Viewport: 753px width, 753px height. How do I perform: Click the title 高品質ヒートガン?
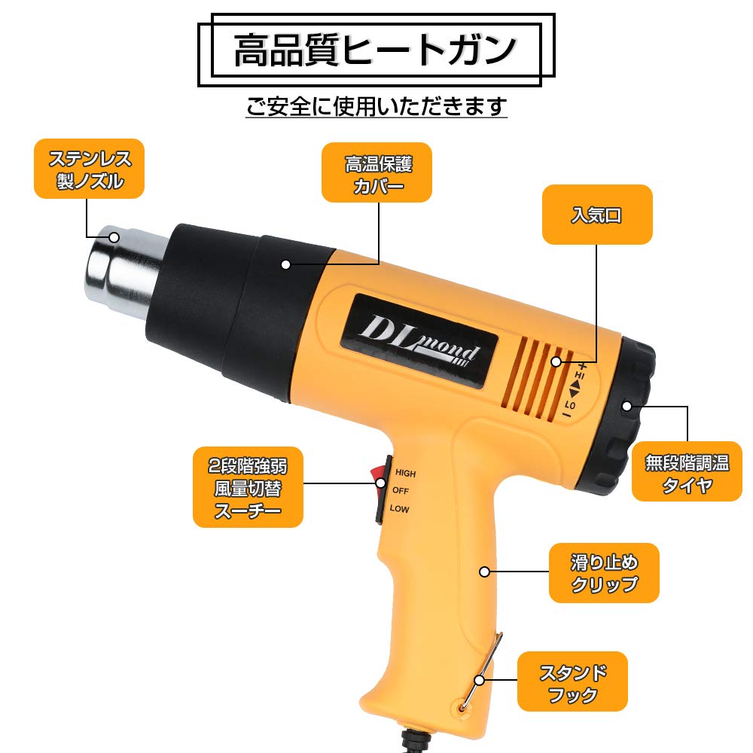(x=375, y=50)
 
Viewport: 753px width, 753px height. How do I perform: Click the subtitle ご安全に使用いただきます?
(x=376, y=105)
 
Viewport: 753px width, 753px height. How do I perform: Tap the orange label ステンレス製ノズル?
(x=89, y=169)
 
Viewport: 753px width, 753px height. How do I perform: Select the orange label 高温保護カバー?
(x=377, y=172)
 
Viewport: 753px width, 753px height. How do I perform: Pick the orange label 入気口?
(x=596, y=214)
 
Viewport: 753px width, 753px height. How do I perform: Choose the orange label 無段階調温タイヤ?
(x=687, y=472)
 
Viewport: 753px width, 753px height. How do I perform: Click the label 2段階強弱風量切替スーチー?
(x=248, y=488)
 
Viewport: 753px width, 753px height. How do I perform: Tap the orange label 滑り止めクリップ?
(x=604, y=572)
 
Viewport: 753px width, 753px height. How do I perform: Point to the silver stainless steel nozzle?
(x=124, y=267)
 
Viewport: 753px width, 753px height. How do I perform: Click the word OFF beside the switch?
(x=401, y=491)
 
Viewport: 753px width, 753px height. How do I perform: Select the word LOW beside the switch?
(x=401, y=509)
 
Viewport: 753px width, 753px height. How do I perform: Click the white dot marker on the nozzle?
(x=114, y=238)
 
